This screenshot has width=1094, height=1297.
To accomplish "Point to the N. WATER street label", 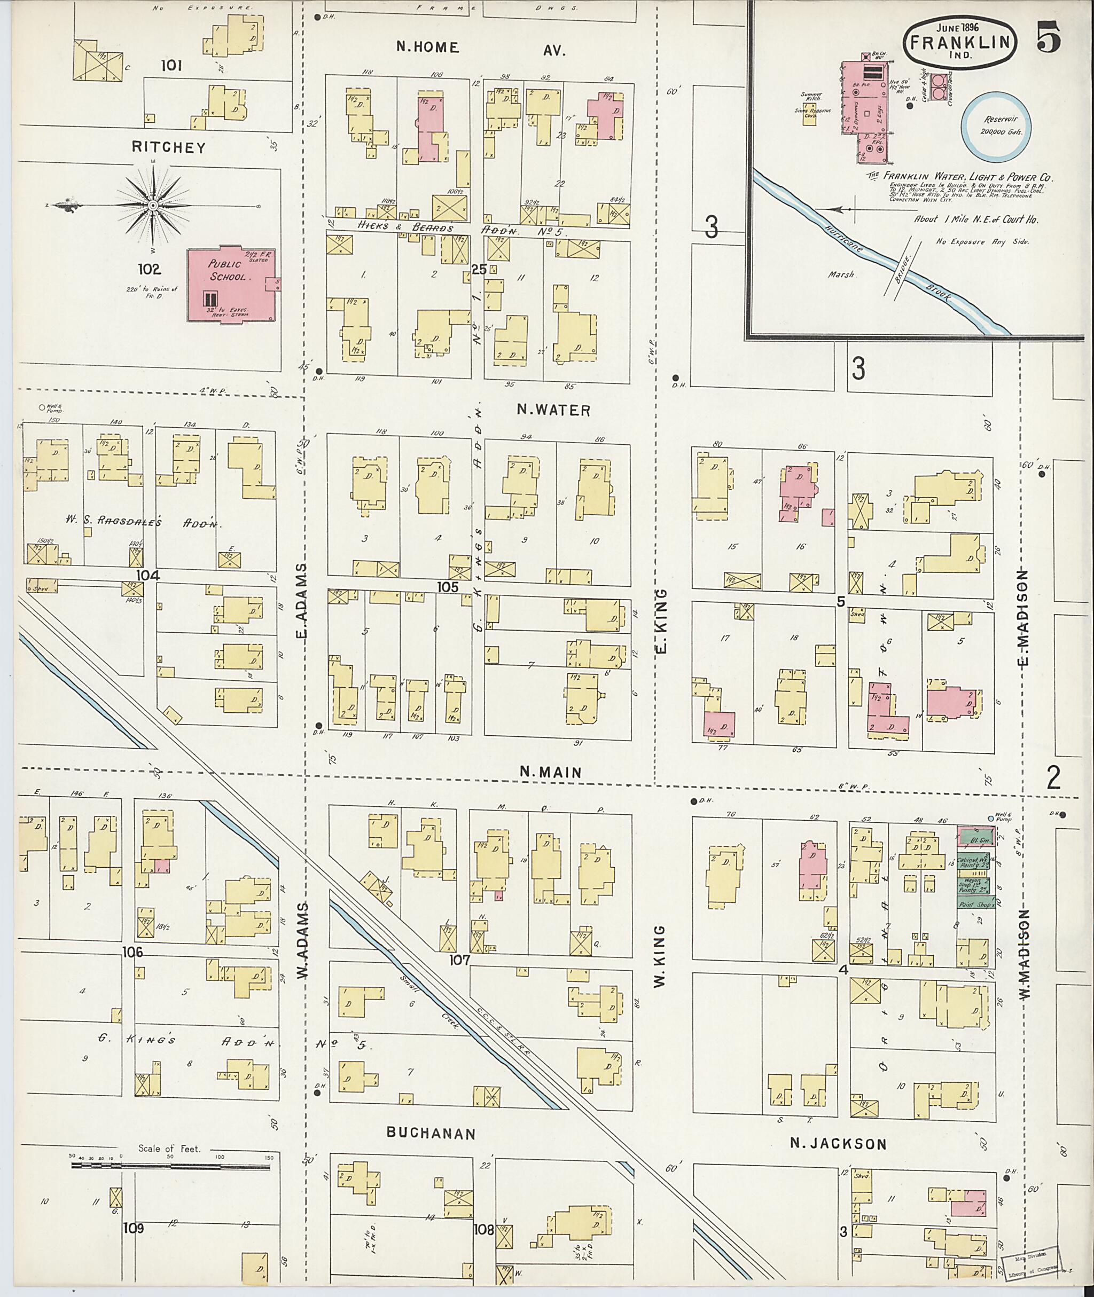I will point(554,411).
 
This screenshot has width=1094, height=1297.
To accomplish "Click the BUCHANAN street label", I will point(431,1133).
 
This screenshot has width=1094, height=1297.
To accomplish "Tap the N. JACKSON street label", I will point(838,1144).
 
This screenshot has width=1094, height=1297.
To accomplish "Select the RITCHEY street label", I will point(168,147).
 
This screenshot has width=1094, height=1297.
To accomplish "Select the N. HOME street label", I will point(428,48).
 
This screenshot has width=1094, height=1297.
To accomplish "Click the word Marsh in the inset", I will point(841,274).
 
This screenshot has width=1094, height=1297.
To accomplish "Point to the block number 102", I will point(150,269).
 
